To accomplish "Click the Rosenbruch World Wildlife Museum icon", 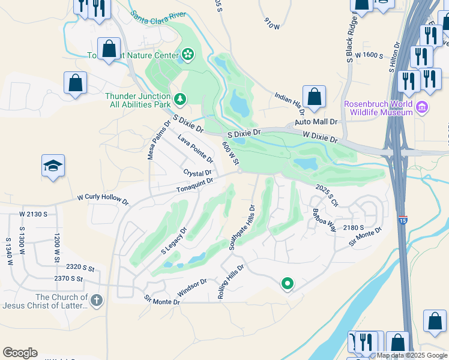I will point(423,107).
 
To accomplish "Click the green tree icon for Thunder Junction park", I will point(179,99).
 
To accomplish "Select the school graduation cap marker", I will point(53,166).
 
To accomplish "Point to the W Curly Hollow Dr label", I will point(103,199).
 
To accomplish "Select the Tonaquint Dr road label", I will point(194,185).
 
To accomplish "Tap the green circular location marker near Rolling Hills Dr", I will point(288,283).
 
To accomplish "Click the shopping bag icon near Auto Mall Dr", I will point(314,96).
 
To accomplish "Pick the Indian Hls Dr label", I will point(291,103).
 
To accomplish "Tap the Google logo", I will point(20,353).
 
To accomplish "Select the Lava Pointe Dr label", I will point(196,149).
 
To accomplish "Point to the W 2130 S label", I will point(33,214).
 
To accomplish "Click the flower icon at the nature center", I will point(188,55).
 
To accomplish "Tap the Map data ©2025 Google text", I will point(412,355).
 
